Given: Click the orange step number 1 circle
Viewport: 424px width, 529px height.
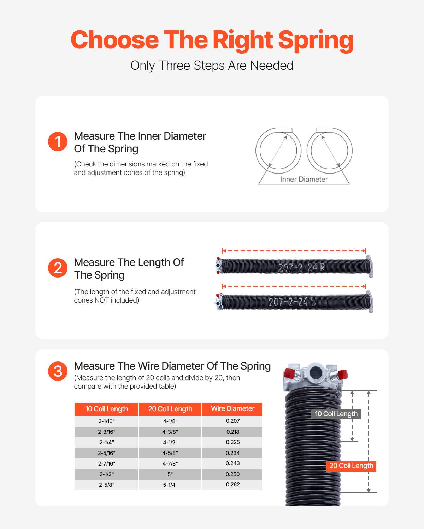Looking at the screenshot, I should tap(58, 142).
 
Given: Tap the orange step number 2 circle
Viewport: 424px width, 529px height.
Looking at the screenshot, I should tap(58, 268).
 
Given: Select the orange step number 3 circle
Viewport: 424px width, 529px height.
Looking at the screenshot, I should tap(58, 371).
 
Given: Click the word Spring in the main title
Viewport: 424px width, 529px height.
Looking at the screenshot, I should tap(316, 39).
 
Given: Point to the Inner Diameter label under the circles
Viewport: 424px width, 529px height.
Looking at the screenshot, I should tap(304, 179).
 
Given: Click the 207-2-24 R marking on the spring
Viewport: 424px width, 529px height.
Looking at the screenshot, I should tap(301, 268).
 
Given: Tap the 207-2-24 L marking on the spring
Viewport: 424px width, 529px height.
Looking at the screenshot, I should tap(292, 302).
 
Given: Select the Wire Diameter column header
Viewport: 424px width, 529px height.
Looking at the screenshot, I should tap(232, 409).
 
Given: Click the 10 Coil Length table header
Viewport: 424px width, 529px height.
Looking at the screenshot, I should tap(106, 409).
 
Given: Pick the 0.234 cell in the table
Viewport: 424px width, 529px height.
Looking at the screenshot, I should tap(232, 453).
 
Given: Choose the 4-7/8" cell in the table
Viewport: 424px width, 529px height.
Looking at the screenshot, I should tap(170, 463).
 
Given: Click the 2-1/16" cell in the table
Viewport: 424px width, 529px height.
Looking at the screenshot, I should tap(106, 421).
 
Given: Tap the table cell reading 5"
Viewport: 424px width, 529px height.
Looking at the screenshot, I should tap(170, 474).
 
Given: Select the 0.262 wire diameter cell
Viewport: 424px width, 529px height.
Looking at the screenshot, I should tap(232, 485).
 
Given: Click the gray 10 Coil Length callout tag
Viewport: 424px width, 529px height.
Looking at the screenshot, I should tap(336, 414).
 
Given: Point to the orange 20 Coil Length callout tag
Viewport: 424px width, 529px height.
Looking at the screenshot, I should tap(351, 466).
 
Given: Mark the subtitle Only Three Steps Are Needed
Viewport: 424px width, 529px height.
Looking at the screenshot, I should tap(212, 66).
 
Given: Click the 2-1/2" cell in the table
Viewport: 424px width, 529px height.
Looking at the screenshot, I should tap(106, 474).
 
